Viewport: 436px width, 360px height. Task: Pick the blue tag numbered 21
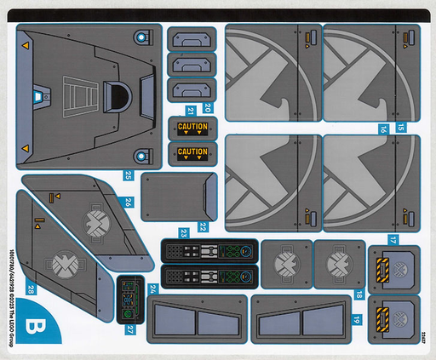point(192,110)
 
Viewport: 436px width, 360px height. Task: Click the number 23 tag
point(184,232)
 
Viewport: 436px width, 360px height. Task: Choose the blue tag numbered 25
point(128,175)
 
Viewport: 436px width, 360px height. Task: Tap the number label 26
point(127,203)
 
